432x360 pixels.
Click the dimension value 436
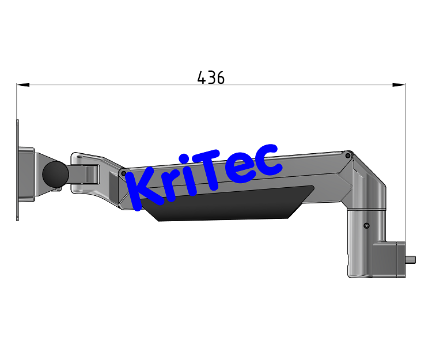(211, 78)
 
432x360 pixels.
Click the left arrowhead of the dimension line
(22, 85)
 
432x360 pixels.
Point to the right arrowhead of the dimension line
(399, 85)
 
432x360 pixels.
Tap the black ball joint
(55, 173)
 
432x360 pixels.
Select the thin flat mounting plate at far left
(17, 170)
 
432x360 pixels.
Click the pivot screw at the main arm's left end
(123, 173)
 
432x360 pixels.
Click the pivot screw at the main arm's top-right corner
(347, 154)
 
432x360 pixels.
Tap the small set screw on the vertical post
(366, 226)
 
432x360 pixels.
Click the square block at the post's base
(389, 259)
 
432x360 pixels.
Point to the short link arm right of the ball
(84, 173)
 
